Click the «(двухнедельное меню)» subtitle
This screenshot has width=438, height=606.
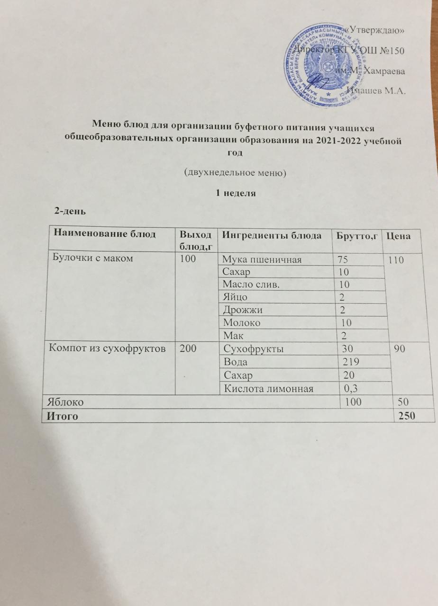pos(236,173)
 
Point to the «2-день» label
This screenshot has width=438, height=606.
pos(70,211)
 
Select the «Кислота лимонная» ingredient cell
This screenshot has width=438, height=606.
pos(266,389)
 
